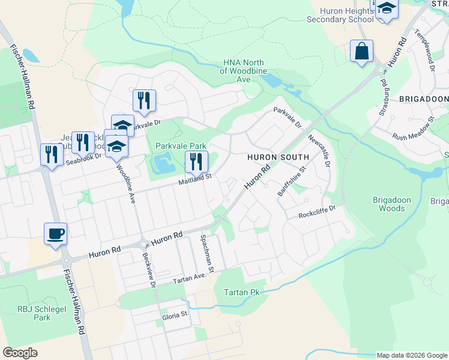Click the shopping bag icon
tap(362, 52)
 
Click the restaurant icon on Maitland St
tap(196, 162)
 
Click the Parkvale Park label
tap(181, 146)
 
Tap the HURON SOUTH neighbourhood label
tap(278, 157)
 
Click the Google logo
tap(20, 353)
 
